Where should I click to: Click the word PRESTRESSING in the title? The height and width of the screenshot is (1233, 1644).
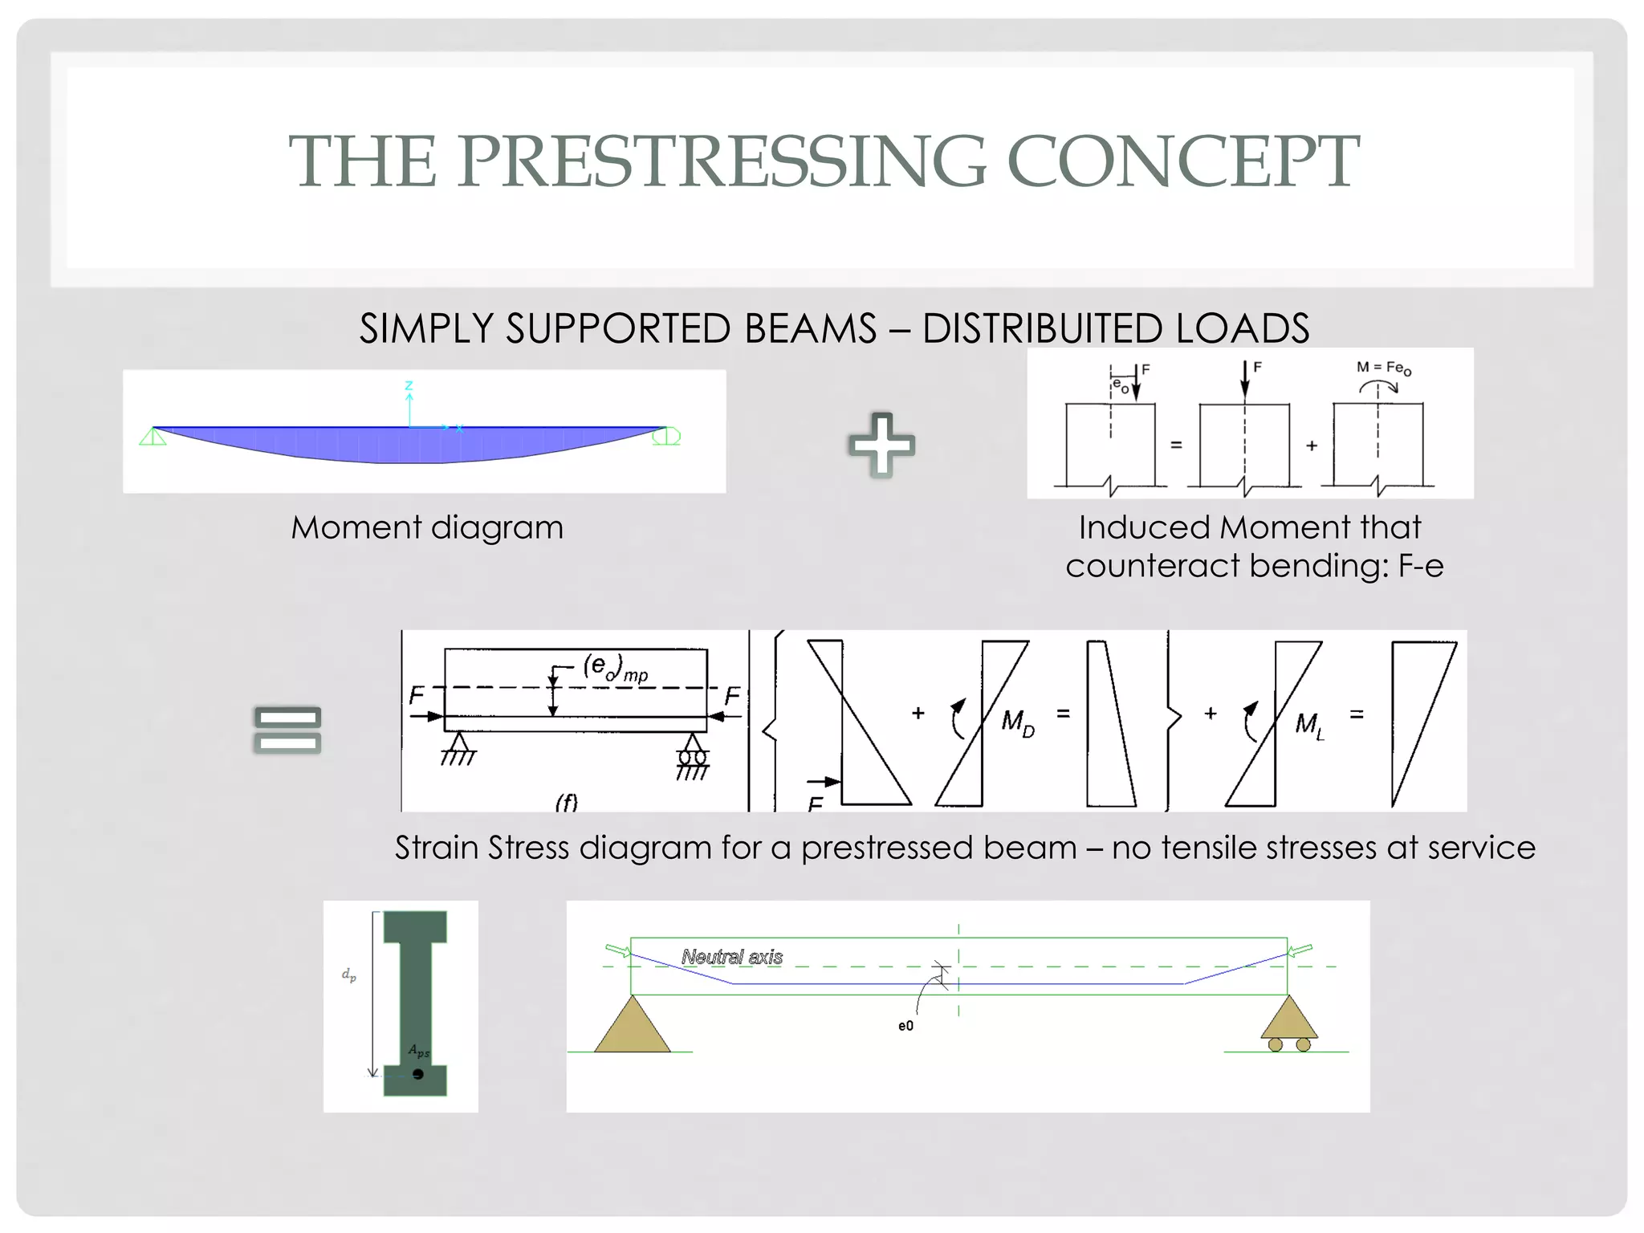(722, 162)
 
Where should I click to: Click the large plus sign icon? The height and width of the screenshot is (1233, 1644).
(881, 445)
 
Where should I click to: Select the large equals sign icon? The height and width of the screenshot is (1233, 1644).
(287, 730)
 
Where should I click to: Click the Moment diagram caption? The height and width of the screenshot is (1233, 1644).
(427, 528)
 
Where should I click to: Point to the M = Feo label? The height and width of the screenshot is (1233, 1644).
(1383, 368)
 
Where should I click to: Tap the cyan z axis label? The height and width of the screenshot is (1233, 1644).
(409, 385)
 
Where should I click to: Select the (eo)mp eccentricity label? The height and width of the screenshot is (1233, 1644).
(615, 667)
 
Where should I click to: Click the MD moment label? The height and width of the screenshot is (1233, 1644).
(1017, 722)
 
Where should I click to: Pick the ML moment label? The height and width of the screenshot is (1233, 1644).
(1308, 725)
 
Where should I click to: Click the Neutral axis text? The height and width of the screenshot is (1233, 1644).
(732, 957)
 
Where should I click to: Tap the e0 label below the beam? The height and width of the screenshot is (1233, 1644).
(905, 1026)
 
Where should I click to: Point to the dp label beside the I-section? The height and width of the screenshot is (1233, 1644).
(349, 975)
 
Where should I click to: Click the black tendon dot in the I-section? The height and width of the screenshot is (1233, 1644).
(418, 1074)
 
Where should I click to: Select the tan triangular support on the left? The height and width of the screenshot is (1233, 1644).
(633, 1027)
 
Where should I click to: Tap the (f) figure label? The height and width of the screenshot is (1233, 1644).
(567, 802)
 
